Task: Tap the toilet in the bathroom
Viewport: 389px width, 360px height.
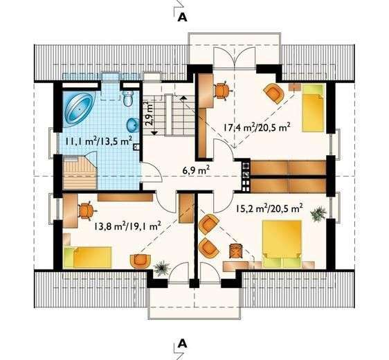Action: click(129, 98)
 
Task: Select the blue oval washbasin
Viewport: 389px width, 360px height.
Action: click(132, 125)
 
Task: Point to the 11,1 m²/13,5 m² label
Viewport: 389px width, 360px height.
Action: click(98, 141)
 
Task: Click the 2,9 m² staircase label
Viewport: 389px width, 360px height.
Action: click(148, 113)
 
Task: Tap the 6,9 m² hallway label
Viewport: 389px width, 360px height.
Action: click(196, 168)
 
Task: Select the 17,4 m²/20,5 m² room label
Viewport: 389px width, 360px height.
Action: click(256, 127)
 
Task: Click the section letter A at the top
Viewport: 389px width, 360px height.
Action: click(182, 18)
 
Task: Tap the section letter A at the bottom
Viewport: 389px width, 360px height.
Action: click(182, 342)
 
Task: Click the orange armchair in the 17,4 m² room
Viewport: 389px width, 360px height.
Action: click(273, 92)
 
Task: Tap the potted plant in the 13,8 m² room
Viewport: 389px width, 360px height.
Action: click(162, 265)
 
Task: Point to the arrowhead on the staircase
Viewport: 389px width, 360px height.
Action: click(154, 131)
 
